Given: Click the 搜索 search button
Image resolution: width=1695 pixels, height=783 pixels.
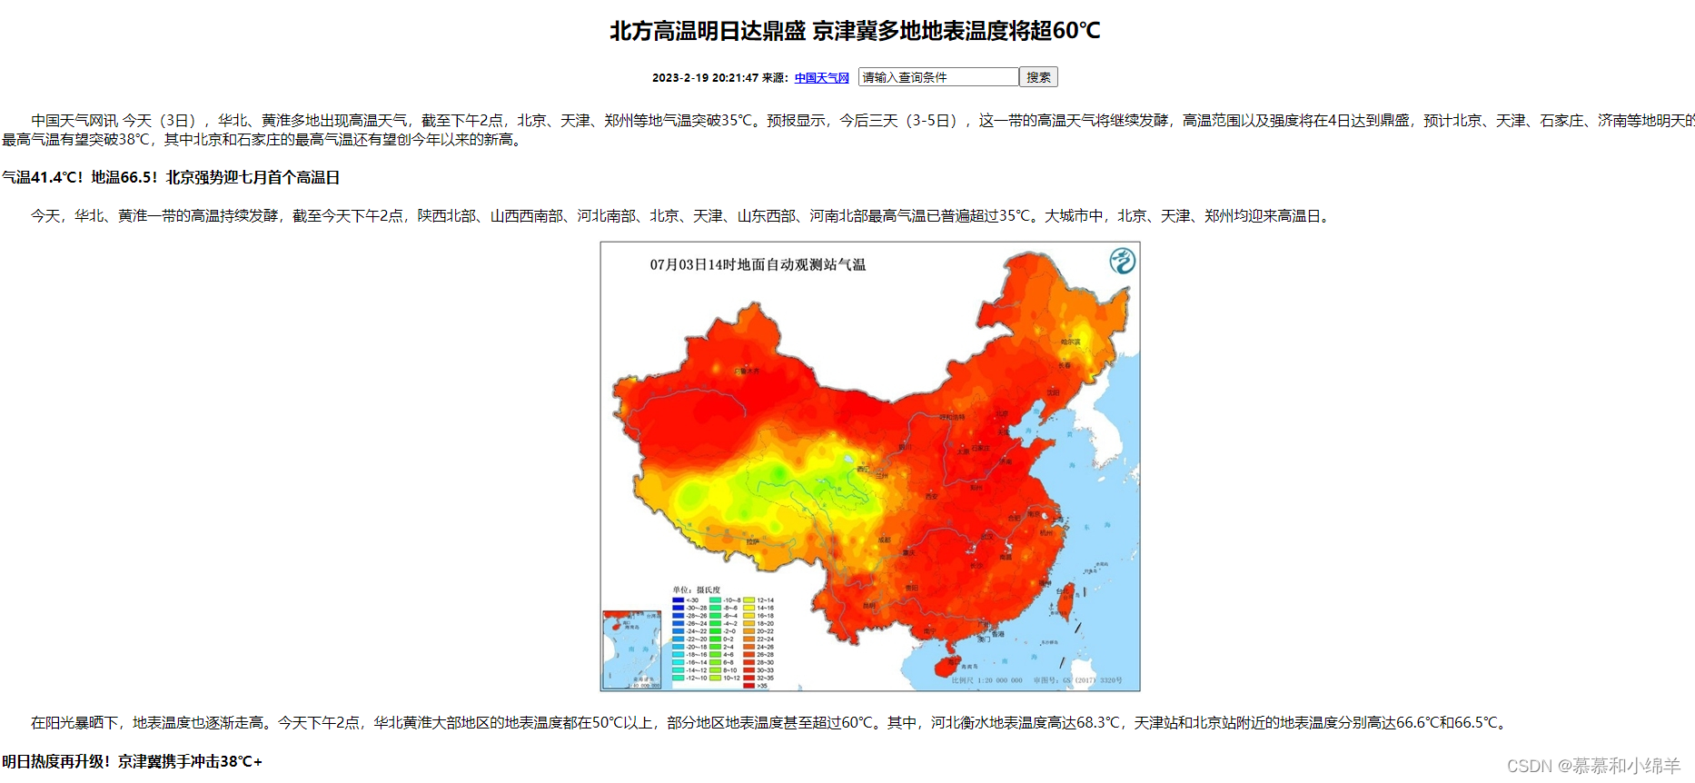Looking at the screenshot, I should click(x=1038, y=77).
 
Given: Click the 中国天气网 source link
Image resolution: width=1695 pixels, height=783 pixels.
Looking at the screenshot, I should click(x=821, y=78).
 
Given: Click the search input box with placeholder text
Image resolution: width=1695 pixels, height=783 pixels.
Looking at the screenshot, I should click(x=937, y=77).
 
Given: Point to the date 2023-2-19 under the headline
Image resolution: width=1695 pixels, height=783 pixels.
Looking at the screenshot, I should click(x=679, y=78).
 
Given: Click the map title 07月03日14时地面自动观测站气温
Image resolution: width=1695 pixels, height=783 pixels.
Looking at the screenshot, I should click(x=758, y=265).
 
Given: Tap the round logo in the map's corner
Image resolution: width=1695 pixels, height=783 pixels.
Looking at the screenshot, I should click(x=1123, y=262).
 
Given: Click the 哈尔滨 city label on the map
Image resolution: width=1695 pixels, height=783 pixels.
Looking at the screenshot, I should click(x=1071, y=342).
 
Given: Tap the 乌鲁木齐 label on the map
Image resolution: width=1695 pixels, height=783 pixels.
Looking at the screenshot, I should click(x=747, y=371).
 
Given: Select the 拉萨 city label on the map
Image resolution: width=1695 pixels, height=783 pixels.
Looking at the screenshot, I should click(x=753, y=541).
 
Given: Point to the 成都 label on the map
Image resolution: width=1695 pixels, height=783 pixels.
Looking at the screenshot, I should click(x=884, y=540).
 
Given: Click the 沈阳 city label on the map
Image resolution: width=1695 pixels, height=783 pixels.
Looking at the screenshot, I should click(x=1053, y=392).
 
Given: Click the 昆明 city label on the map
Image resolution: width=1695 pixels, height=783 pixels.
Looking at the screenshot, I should click(x=869, y=605).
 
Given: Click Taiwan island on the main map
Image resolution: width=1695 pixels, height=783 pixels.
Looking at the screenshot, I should click(x=1067, y=600).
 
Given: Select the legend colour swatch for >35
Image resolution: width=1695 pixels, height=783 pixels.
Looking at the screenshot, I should click(x=749, y=686).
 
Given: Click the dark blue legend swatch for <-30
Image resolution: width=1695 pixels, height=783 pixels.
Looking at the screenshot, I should click(x=678, y=600).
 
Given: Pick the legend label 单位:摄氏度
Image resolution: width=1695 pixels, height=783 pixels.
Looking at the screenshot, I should click(x=696, y=590).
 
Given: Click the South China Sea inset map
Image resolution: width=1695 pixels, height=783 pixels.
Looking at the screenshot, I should click(x=631, y=649).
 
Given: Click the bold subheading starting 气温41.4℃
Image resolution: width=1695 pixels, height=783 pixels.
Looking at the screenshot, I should click(x=171, y=178).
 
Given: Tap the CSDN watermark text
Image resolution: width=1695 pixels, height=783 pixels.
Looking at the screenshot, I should click(x=1593, y=766).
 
